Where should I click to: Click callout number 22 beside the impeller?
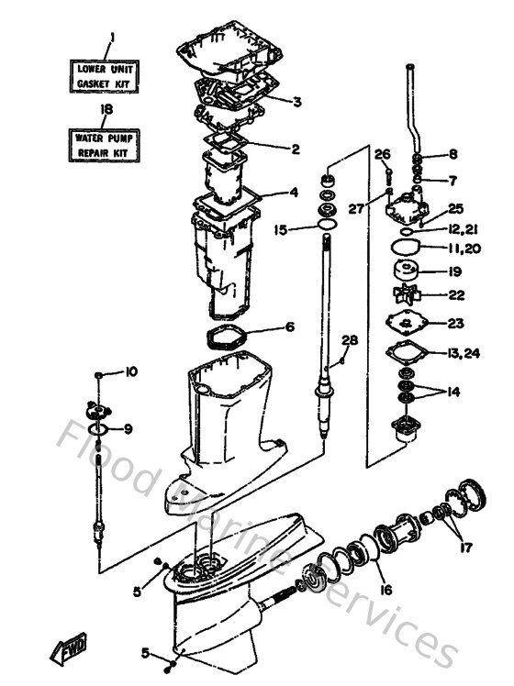point(455,295)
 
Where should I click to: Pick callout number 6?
point(290,326)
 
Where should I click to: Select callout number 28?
point(349,341)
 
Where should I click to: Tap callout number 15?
point(281,229)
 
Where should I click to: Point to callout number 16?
point(385,590)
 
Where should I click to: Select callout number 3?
point(296,101)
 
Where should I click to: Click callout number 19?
point(455,271)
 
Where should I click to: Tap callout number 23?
point(455,323)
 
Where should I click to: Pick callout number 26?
point(383,153)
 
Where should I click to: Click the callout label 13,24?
point(461,353)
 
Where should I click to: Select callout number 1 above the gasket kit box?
point(111,38)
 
